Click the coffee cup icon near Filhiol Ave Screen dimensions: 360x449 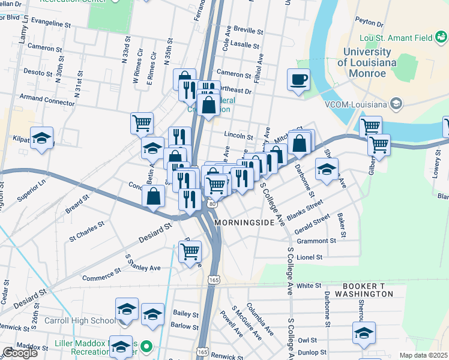pyautogui.click(x=298, y=80)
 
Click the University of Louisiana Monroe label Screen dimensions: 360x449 pyautogui.click(x=361, y=62)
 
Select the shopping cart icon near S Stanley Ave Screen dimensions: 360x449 pyautogui.click(x=190, y=253)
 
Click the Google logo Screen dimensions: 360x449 pyautogui.click(x=20, y=353)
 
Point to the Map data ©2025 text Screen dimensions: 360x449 pyautogui.click(x=423, y=355)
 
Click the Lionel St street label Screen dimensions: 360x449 pyautogui.click(x=310, y=257)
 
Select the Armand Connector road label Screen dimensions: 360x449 pyautogui.click(x=47, y=102)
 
